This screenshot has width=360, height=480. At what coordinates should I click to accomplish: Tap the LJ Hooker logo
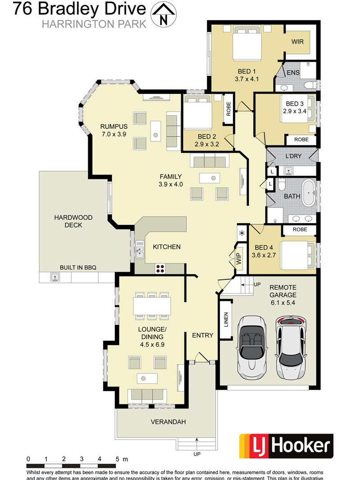point(286,446)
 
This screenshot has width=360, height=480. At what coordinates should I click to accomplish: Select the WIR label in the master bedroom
point(297,42)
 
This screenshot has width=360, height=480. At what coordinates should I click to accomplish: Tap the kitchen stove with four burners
point(160,269)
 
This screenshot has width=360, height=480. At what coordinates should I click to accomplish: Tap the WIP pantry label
point(239,258)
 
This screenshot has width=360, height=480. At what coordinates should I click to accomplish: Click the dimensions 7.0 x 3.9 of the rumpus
point(114,134)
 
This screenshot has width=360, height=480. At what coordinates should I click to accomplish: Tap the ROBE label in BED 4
point(299,229)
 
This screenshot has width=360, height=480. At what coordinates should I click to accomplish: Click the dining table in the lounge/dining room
point(152,307)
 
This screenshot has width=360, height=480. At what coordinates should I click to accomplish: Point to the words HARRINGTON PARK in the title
point(94,24)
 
